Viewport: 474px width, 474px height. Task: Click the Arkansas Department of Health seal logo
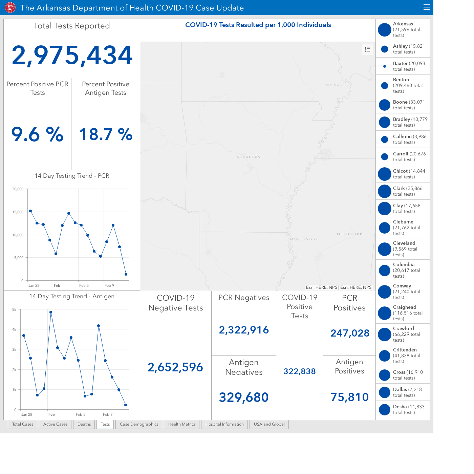(10, 8)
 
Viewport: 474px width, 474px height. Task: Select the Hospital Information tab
(224, 424)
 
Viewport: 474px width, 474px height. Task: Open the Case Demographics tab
(139, 424)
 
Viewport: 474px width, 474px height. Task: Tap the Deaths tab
(84, 424)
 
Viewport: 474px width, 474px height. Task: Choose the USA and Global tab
(269, 424)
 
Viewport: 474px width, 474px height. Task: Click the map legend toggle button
(367, 49)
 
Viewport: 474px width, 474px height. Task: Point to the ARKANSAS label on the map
(248, 157)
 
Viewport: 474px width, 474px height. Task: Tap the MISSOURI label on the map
(337, 85)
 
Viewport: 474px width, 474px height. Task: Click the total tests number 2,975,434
(72, 55)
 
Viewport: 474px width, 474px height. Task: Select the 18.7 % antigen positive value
(106, 134)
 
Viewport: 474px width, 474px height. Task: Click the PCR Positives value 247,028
(349, 333)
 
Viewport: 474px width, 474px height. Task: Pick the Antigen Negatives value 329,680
(243, 397)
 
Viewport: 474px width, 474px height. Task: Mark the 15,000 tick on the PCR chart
(18, 212)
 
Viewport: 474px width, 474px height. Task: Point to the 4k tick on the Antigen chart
(14, 329)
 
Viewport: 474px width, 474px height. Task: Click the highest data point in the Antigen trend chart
(51, 312)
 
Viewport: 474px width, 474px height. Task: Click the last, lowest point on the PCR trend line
(126, 274)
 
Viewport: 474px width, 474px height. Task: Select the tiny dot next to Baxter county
(385, 66)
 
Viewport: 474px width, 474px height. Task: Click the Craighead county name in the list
(404, 307)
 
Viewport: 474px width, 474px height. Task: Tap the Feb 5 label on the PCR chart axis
(84, 285)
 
